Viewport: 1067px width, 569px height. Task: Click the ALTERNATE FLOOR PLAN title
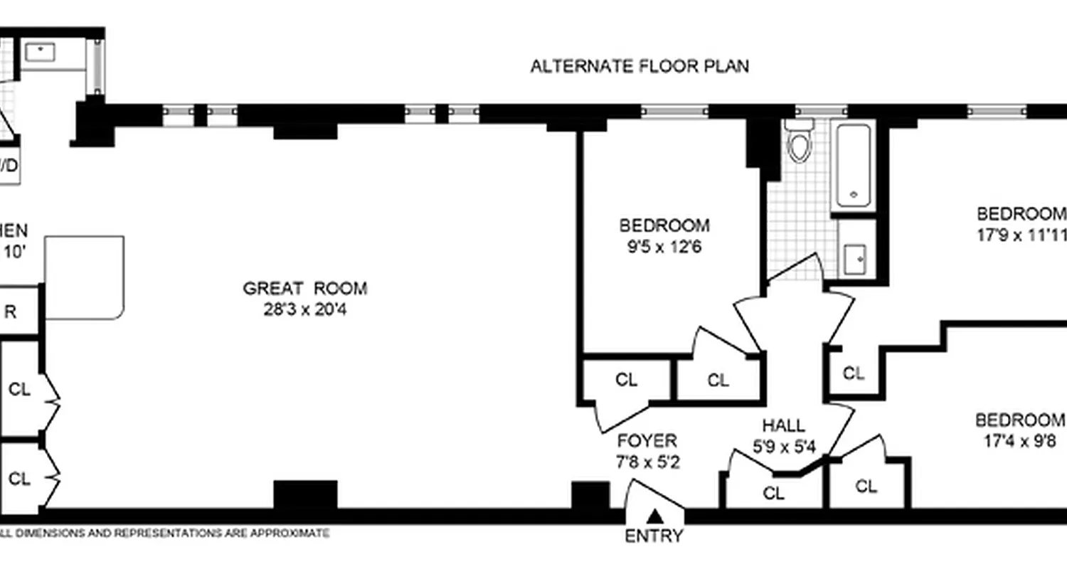639,66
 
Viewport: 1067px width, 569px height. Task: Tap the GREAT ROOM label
305,288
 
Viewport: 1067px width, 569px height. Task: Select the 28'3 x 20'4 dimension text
305,310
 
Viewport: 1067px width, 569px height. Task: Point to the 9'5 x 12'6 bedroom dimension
664,248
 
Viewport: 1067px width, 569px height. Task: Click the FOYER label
647,440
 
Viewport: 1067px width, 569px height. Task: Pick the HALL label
783,426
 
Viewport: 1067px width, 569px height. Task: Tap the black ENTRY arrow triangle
655,516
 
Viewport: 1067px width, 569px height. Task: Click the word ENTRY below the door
654,536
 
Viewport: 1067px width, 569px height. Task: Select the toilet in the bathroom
800,142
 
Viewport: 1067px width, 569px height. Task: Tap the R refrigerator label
11,311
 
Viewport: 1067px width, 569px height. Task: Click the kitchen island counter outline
85,277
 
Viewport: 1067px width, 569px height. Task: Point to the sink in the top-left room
41,51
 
